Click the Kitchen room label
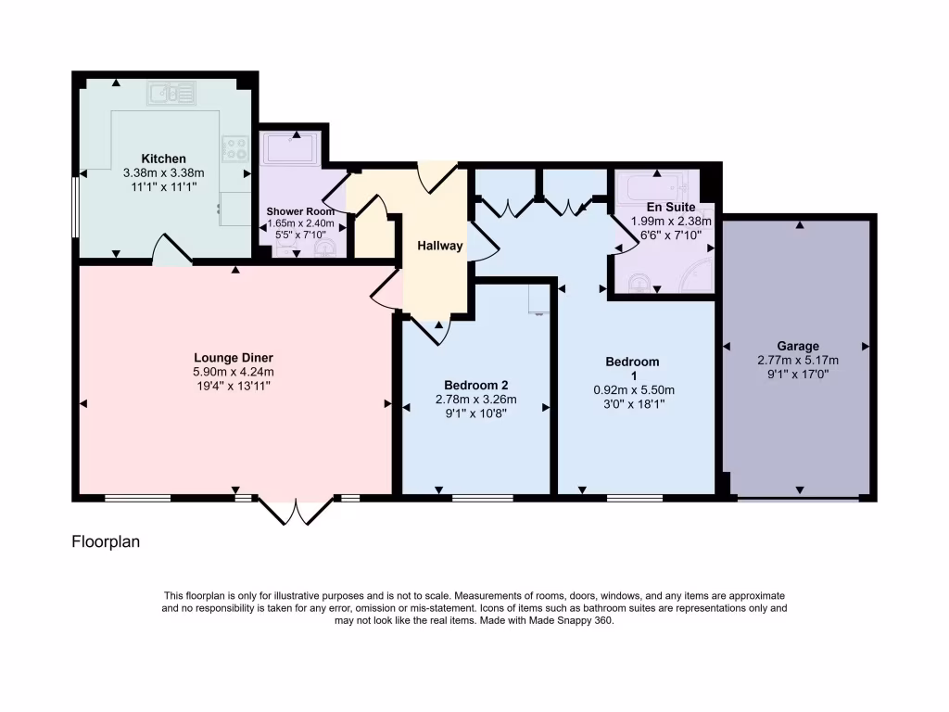point(163,159)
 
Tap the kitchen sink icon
point(171,93)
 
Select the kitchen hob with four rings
point(234,148)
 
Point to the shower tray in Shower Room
point(292,148)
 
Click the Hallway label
point(438,247)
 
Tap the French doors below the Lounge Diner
point(296,513)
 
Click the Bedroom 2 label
point(475,386)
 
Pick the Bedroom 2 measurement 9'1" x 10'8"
point(475,414)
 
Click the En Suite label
point(671,208)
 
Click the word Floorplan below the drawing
point(106,542)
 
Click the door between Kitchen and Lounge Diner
point(171,252)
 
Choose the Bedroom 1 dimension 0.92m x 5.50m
point(634,390)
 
